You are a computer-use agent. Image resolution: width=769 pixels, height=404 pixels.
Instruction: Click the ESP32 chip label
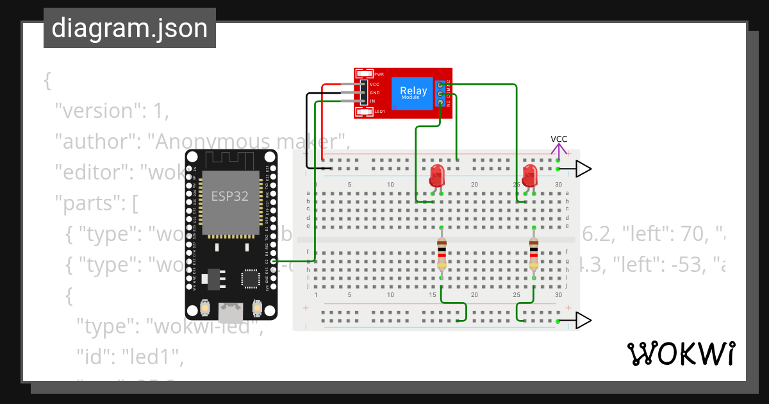[x=230, y=196]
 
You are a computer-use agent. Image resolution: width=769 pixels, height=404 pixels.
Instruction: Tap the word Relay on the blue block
[x=413, y=91]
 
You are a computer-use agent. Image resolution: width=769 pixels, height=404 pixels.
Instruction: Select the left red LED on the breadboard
[x=437, y=175]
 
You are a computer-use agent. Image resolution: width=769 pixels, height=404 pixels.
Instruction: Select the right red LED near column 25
[x=530, y=175]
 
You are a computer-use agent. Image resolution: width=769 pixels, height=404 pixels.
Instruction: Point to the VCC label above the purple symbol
[x=559, y=139]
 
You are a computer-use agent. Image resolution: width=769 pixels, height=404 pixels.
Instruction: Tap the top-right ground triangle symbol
[x=583, y=169]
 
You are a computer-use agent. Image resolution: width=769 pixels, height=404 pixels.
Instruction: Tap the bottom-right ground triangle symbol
[x=583, y=321]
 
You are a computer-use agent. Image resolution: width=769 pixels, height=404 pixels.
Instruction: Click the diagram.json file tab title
[x=129, y=28]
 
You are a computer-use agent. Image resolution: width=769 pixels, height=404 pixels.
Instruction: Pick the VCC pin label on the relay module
[x=375, y=84]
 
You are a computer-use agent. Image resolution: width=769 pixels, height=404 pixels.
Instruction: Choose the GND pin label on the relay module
[x=375, y=93]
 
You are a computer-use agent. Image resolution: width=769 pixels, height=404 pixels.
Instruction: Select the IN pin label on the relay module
[x=372, y=101]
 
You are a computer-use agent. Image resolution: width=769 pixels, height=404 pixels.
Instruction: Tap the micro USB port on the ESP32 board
[x=231, y=312]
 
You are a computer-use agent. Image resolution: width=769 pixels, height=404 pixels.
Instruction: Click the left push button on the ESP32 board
[x=205, y=308]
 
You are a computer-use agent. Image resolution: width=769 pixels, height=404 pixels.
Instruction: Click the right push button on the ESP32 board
[x=257, y=308]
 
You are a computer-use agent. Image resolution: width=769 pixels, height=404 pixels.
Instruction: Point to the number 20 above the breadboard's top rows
[x=474, y=185]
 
